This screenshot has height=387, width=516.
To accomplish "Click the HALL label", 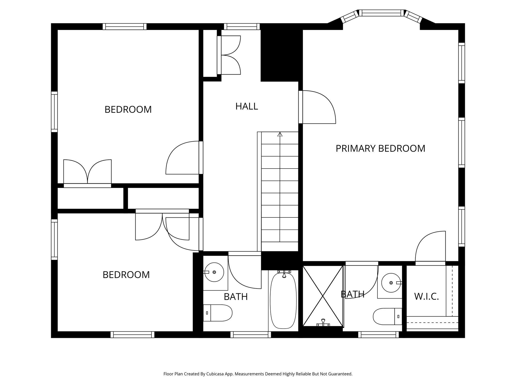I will click(246, 106).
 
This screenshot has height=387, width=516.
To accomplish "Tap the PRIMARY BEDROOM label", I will click(380, 148).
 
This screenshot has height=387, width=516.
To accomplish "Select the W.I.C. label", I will click(426, 297).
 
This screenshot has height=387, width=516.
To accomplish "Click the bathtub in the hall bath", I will click(283, 300).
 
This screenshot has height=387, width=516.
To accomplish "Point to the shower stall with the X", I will click(323, 296).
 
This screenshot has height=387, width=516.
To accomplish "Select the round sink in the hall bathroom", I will click(214, 272).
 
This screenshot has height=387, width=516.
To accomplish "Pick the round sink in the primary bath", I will click(391, 283).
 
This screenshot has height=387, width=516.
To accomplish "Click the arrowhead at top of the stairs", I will click(280, 134).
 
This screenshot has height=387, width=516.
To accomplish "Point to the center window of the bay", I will click(381, 13).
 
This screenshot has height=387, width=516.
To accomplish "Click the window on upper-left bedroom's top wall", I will click(124, 26).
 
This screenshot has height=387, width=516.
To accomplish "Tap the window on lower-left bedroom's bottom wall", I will click(132, 334).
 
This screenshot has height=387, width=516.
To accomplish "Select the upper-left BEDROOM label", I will click(128, 110).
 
